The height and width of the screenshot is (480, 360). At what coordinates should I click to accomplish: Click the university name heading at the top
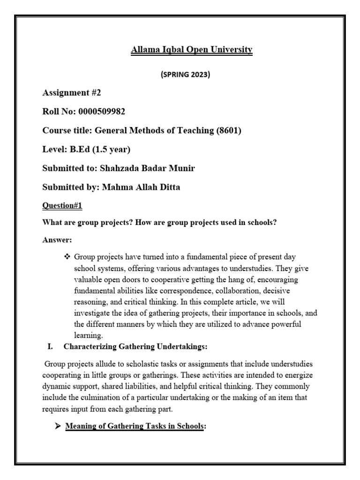191,50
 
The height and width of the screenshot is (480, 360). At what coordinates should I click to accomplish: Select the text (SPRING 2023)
191,75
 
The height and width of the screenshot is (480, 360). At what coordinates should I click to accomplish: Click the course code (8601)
228,131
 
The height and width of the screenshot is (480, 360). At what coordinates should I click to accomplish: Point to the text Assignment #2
71,93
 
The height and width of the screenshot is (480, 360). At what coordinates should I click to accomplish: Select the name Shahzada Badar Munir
152,168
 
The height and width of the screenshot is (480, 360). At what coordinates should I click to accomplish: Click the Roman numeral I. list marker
51,347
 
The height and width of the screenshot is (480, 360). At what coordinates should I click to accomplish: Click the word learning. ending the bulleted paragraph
88,336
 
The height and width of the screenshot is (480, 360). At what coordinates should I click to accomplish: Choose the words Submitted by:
70,187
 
